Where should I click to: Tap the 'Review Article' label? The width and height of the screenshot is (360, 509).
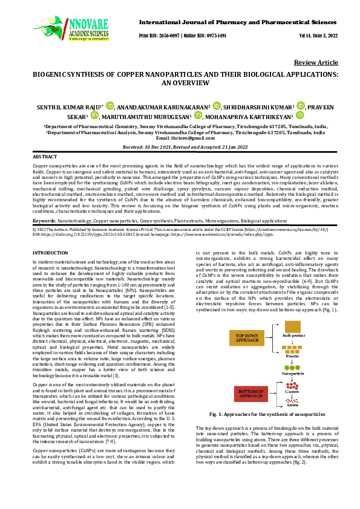pyautogui.click(x=316, y=63)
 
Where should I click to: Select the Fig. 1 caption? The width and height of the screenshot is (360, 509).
pyautogui.click(x=267, y=414)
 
